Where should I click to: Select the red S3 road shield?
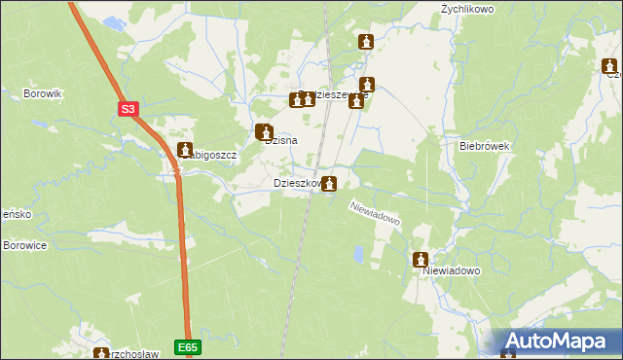coord(128,110)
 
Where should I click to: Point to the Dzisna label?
coord(281,140)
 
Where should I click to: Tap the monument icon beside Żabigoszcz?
coord(185,150)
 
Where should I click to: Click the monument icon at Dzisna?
coord(263,131)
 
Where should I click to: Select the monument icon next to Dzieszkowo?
coord(331,183)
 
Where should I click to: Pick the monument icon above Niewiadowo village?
coord(421,260)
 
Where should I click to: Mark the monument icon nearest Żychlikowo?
coord(366,42)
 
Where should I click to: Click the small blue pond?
coord(358,255)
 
